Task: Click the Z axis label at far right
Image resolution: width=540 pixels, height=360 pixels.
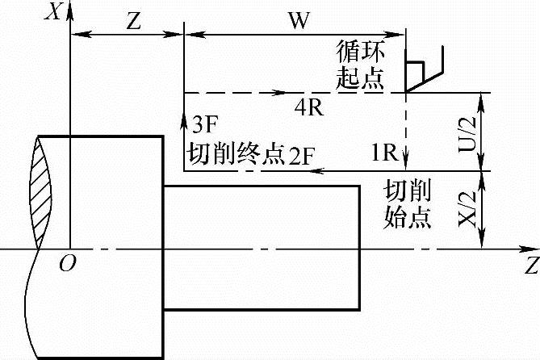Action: pos(530,264)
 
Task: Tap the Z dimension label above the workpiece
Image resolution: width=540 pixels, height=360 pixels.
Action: pos(134,21)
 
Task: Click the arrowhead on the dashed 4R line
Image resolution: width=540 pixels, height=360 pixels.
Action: pos(278,93)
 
